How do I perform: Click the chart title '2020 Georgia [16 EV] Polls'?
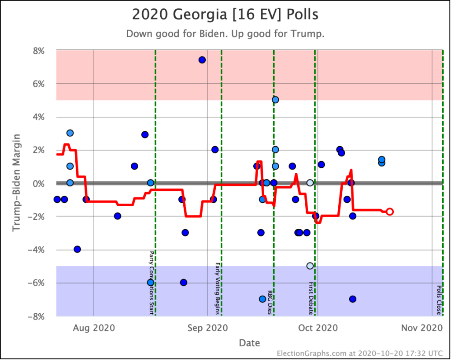click(225, 15)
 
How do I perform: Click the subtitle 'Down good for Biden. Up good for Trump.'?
click(225, 34)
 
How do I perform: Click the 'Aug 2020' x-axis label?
click(94, 328)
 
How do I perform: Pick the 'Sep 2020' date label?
click(208, 328)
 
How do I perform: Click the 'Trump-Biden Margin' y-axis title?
click(16, 183)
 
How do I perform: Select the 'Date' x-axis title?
click(249, 343)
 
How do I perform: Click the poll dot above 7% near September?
click(202, 60)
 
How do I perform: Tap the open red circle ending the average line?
click(389, 212)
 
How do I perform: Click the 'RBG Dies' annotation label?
click(270, 302)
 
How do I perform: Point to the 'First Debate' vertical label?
click(311, 298)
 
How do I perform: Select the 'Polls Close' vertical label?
click(439, 300)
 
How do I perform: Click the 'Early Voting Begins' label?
click(218, 289)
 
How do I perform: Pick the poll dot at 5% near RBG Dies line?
click(275, 100)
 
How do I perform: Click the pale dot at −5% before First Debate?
click(310, 266)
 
